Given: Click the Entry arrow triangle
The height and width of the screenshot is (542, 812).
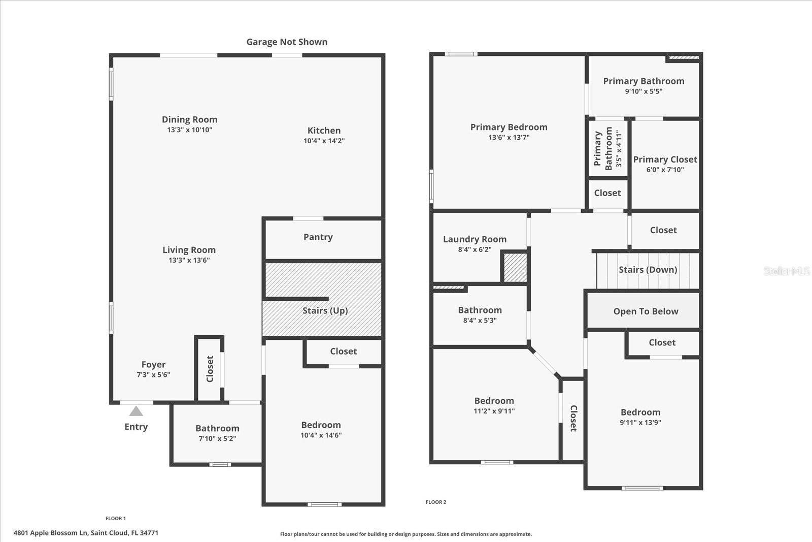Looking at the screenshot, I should (136, 411).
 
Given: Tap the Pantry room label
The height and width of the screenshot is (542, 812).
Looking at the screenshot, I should (318, 237).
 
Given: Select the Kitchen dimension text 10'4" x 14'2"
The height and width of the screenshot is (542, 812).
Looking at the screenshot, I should (324, 141).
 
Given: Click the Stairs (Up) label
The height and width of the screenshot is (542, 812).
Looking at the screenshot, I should (325, 310).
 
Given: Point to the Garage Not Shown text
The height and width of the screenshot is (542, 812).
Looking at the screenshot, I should (287, 42).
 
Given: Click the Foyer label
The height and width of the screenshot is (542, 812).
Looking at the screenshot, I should (153, 365).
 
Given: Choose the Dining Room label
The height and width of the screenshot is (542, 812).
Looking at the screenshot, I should (189, 120).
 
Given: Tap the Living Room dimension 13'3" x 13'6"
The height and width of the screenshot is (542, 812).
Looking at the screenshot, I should (189, 260).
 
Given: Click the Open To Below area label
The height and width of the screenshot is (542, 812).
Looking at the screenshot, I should (646, 311).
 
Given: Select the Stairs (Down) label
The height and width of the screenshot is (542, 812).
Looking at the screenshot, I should (648, 270).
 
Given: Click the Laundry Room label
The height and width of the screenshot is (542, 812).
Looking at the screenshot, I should (475, 239).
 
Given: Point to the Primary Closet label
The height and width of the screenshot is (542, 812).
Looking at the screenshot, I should (665, 160).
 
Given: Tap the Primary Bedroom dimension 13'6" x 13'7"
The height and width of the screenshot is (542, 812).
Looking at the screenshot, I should (509, 137).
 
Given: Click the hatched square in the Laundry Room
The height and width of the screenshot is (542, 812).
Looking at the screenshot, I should (515, 267).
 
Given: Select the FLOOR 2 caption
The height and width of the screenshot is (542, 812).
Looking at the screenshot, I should (436, 502).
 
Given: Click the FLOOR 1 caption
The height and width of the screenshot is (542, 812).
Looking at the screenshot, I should (116, 518).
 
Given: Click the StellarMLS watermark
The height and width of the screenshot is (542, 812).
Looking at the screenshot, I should (786, 271).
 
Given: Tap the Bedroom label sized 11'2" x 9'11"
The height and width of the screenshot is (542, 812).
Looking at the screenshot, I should (494, 401).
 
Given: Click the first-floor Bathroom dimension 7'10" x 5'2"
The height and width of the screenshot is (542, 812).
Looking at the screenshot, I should (217, 438).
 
